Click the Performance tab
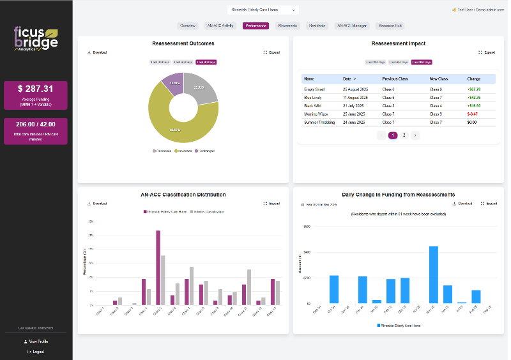(256, 26)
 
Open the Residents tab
(317, 26)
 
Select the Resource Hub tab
(390, 26)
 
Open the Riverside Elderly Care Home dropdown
(263, 10)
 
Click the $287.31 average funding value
(36, 89)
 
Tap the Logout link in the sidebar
(36, 351)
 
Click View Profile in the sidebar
(36, 341)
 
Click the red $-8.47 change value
(473, 114)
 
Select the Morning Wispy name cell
(316, 114)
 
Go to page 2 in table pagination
(404, 135)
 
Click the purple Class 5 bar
(158, 267)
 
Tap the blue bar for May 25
(434, 274)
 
